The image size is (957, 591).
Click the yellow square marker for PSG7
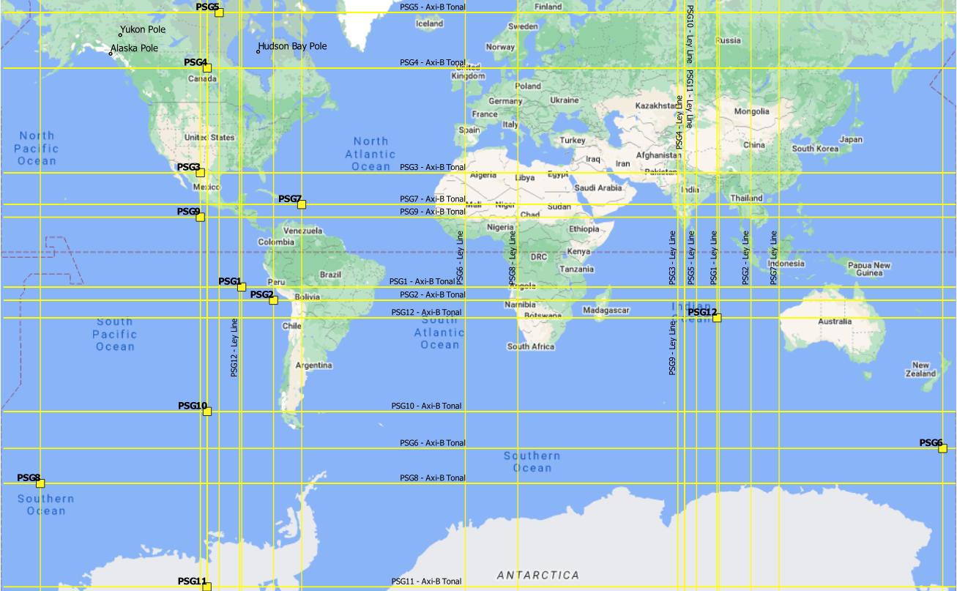click(x=302, y=204)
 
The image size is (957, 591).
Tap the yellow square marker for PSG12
click(x=717, y=318)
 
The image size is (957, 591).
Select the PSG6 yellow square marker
click(x=942, y=448)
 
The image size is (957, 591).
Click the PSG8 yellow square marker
click(x=40, y=483)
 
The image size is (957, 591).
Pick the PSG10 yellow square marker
click(x=207, y=412)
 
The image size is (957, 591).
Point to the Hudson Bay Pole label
click(x=292, y=46)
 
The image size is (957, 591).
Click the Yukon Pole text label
click(x=143, y=30)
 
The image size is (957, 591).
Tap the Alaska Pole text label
click(x=134, y=48)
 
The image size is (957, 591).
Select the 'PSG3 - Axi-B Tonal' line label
click(x=432, y=168)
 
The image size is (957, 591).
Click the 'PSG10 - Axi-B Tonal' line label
click(x=426, y=406)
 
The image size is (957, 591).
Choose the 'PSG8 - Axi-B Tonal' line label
click(x=432, y=478)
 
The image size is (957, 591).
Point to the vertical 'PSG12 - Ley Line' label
click(x=234, y=347)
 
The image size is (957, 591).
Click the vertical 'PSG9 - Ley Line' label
click(x=671, y=347)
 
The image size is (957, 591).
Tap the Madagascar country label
click(x=606, y=311)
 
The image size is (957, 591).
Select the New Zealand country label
click(x=920, y=369)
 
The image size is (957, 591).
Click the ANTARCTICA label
click(x=538, y=576)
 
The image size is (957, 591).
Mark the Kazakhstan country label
click(x=658, y=106)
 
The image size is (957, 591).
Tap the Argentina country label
click(x=313, y=365)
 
